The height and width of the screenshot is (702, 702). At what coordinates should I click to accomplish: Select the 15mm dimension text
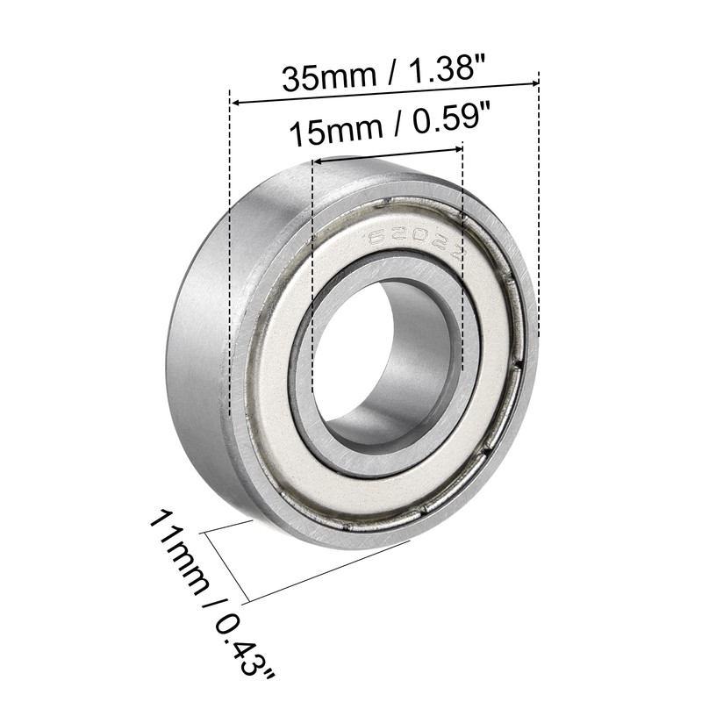334,133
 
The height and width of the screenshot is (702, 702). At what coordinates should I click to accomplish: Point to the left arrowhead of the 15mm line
319,161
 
